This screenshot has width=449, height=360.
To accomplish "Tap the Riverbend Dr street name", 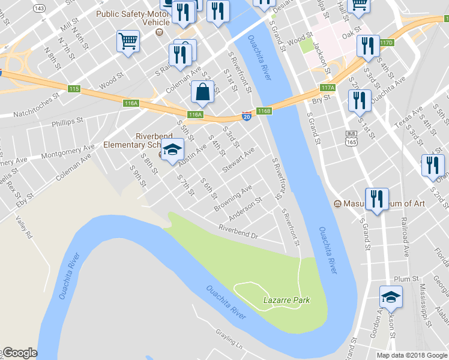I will pos(238,232).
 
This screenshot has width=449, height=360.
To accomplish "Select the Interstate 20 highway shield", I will pos(246,116).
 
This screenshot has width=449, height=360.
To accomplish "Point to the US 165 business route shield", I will pos(352,137).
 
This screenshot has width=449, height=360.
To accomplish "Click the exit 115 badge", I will pos(74,89).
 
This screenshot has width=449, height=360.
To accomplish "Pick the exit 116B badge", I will pos(265,111).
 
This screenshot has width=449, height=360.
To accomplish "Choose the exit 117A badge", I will pos(327,88).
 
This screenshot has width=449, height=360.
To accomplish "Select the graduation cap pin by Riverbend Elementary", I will pos(172,150).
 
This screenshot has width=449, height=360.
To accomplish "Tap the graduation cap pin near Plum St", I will pos(390,297).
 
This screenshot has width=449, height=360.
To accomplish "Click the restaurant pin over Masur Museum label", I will pos(376,199).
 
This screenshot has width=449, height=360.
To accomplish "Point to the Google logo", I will pos(19,353).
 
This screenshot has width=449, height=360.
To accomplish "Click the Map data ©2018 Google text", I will pos(412,355).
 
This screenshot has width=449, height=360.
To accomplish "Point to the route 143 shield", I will pos(40,8).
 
